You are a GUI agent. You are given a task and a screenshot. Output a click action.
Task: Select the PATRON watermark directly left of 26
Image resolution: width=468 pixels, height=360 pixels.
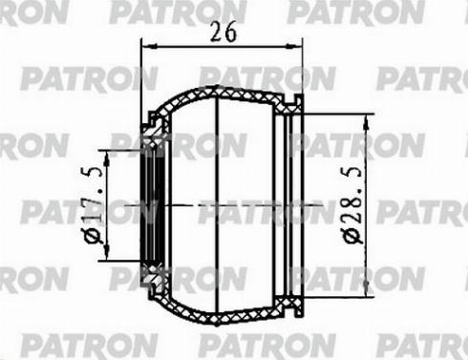tap(143, 14)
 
